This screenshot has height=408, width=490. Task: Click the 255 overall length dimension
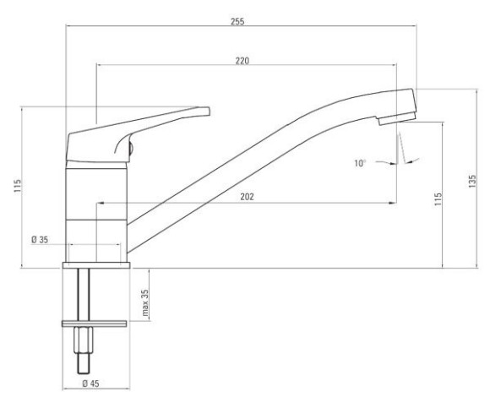tap(237, 22)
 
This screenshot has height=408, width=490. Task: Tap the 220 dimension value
tap(242, 61)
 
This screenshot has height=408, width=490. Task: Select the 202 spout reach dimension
tap(247, 197)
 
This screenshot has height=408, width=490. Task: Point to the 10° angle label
tap(360, 163)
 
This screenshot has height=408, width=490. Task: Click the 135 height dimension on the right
tap(472, 182)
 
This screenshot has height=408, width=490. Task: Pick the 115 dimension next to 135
tap(438, 199)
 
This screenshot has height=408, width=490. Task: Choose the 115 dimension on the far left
tap(18, 186)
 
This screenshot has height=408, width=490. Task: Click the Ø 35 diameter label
tap(40, 240)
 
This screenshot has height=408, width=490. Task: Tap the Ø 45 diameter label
tap(90, 384)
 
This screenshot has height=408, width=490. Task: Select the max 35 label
tap(145, 302)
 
